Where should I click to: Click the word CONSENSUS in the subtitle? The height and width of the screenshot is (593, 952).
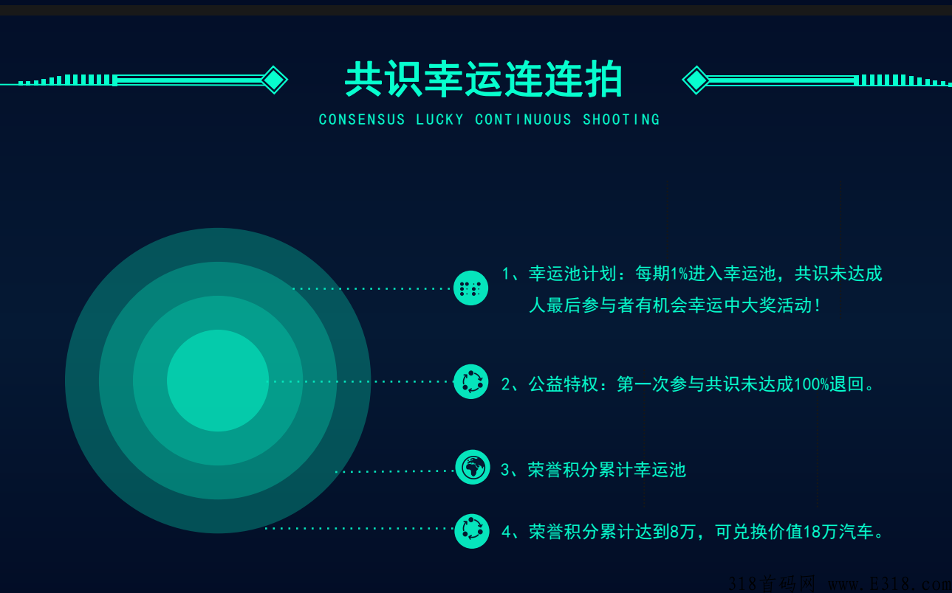(362, 119)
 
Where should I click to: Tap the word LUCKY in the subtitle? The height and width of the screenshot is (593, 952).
(439, 119)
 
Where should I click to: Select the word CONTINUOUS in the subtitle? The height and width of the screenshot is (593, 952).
(523, 119)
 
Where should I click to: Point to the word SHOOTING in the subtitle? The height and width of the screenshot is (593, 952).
(621, 119)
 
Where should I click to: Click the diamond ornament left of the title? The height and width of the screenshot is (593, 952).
(274, 80)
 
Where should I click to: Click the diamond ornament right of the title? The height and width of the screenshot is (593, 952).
(696, 80)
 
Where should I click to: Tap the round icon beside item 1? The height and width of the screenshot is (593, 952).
(470, 288)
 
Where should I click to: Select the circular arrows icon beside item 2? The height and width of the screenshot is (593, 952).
(470, 381)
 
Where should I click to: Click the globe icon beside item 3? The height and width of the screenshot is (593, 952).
(473, 468)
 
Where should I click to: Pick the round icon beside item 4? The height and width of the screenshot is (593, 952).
(472, 531)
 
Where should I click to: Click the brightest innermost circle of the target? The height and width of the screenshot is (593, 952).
(218, 381)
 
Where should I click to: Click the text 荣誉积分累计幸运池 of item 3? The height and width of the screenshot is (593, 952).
(607, 470)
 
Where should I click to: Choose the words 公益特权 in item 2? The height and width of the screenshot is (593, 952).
(564, 384)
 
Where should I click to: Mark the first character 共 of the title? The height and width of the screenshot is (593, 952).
(363, 79)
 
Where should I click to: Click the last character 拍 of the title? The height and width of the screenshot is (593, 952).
(603, 79)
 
